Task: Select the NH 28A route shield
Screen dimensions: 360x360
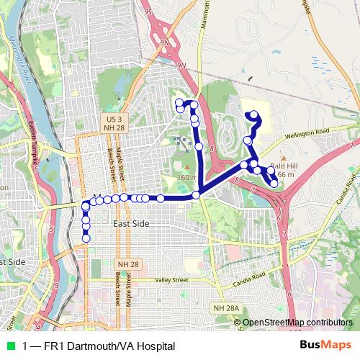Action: [x=225, y=308]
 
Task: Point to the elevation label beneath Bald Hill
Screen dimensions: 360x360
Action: [x=285, y=175]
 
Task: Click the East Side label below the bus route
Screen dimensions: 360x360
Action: [x=131, y=225]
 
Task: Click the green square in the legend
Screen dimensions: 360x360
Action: [x=10, y=346]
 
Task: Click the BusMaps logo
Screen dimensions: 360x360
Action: [x=327, y=345]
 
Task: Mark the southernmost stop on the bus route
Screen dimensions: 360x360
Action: [x=86, y=238]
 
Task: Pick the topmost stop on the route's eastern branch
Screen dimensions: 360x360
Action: [x=253, y=114]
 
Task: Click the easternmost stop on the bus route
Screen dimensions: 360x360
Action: [x=274, y=184]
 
